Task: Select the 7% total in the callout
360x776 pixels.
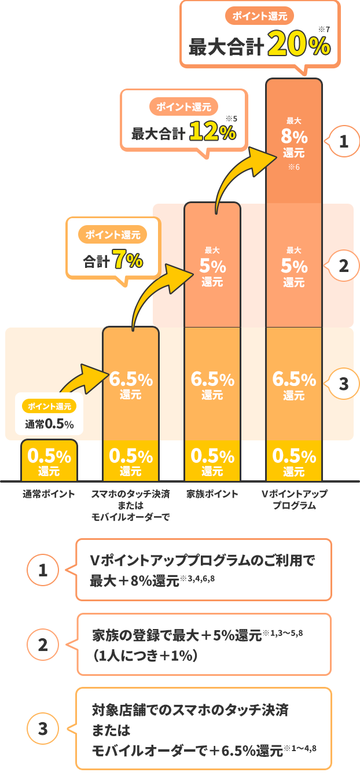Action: [128, 260]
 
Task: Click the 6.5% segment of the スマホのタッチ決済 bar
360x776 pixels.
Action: [130, 385]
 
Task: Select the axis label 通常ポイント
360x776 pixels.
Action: [49, 494]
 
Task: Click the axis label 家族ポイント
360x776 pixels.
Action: [212, 494]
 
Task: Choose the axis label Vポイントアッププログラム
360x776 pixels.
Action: [293, 499]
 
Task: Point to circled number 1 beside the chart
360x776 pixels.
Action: [343, 142]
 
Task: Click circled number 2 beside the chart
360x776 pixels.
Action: [343, 266]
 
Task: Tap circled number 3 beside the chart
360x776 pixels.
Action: [343, 383]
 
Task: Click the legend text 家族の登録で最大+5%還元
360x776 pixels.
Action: [177, 635]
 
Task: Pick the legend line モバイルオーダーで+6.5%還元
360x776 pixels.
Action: [188, 751]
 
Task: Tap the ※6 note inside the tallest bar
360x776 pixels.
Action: [293, 167]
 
